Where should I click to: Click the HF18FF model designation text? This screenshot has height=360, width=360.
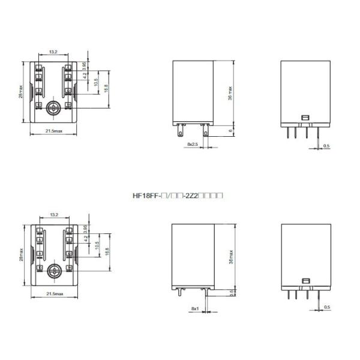click(x=178, y=196)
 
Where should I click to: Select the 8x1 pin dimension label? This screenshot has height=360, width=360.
click(x=194, y=308)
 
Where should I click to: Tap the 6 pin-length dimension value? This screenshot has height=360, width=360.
click(x=230, y=130)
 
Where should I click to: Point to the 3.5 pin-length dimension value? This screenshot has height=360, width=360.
click(x=232, y=293)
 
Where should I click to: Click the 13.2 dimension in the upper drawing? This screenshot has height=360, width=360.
click(x=53, y=52)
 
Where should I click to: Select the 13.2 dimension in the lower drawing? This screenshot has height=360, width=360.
click(x=54, y=214)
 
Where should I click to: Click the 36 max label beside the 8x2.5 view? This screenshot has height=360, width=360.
click(x=230, y=92)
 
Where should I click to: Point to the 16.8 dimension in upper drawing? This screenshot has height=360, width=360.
click(x=106, y=89)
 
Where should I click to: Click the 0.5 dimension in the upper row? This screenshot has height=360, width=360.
click(x=326, y=146)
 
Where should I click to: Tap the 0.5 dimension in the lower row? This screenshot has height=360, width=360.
click(x=326, y=308)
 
